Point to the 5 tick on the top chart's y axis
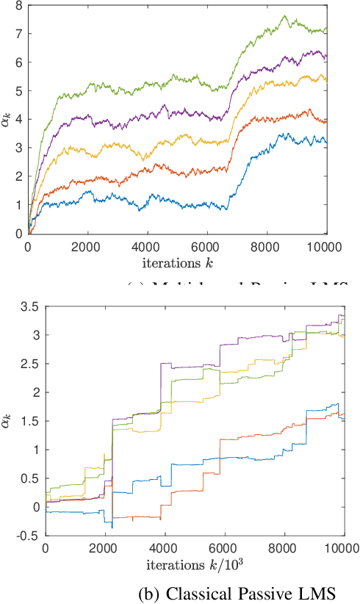click(19, 90)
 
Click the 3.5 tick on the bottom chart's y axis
click(29, 306)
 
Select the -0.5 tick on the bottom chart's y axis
click(27, 536)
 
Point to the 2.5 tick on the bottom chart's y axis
click(29, 364)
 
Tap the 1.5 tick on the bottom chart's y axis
click(29, 421)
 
